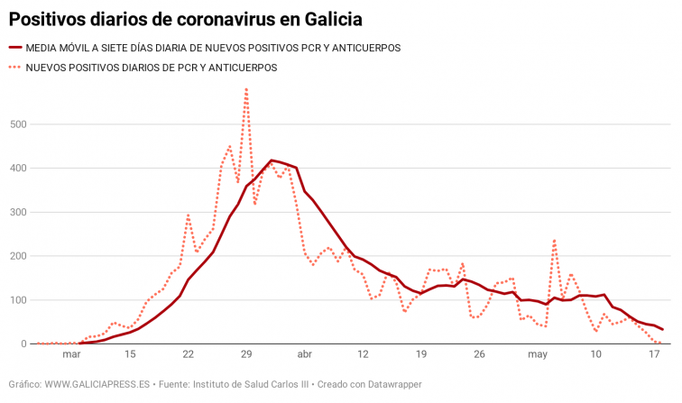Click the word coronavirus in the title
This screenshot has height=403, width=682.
pos(214,17)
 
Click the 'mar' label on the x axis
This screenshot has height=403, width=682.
pos(72,354)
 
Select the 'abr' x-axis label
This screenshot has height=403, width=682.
pos(305,354)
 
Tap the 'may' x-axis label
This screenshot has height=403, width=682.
pos(538,354)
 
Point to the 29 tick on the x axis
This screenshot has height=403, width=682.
pos(246,354)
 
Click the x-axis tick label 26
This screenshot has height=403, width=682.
pos(480,354)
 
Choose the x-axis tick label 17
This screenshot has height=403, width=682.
pos(655,354)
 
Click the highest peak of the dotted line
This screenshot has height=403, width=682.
pos(246,89)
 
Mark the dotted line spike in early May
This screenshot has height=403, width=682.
pos(554,240)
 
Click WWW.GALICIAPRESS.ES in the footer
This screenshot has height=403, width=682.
pos(97,384)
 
